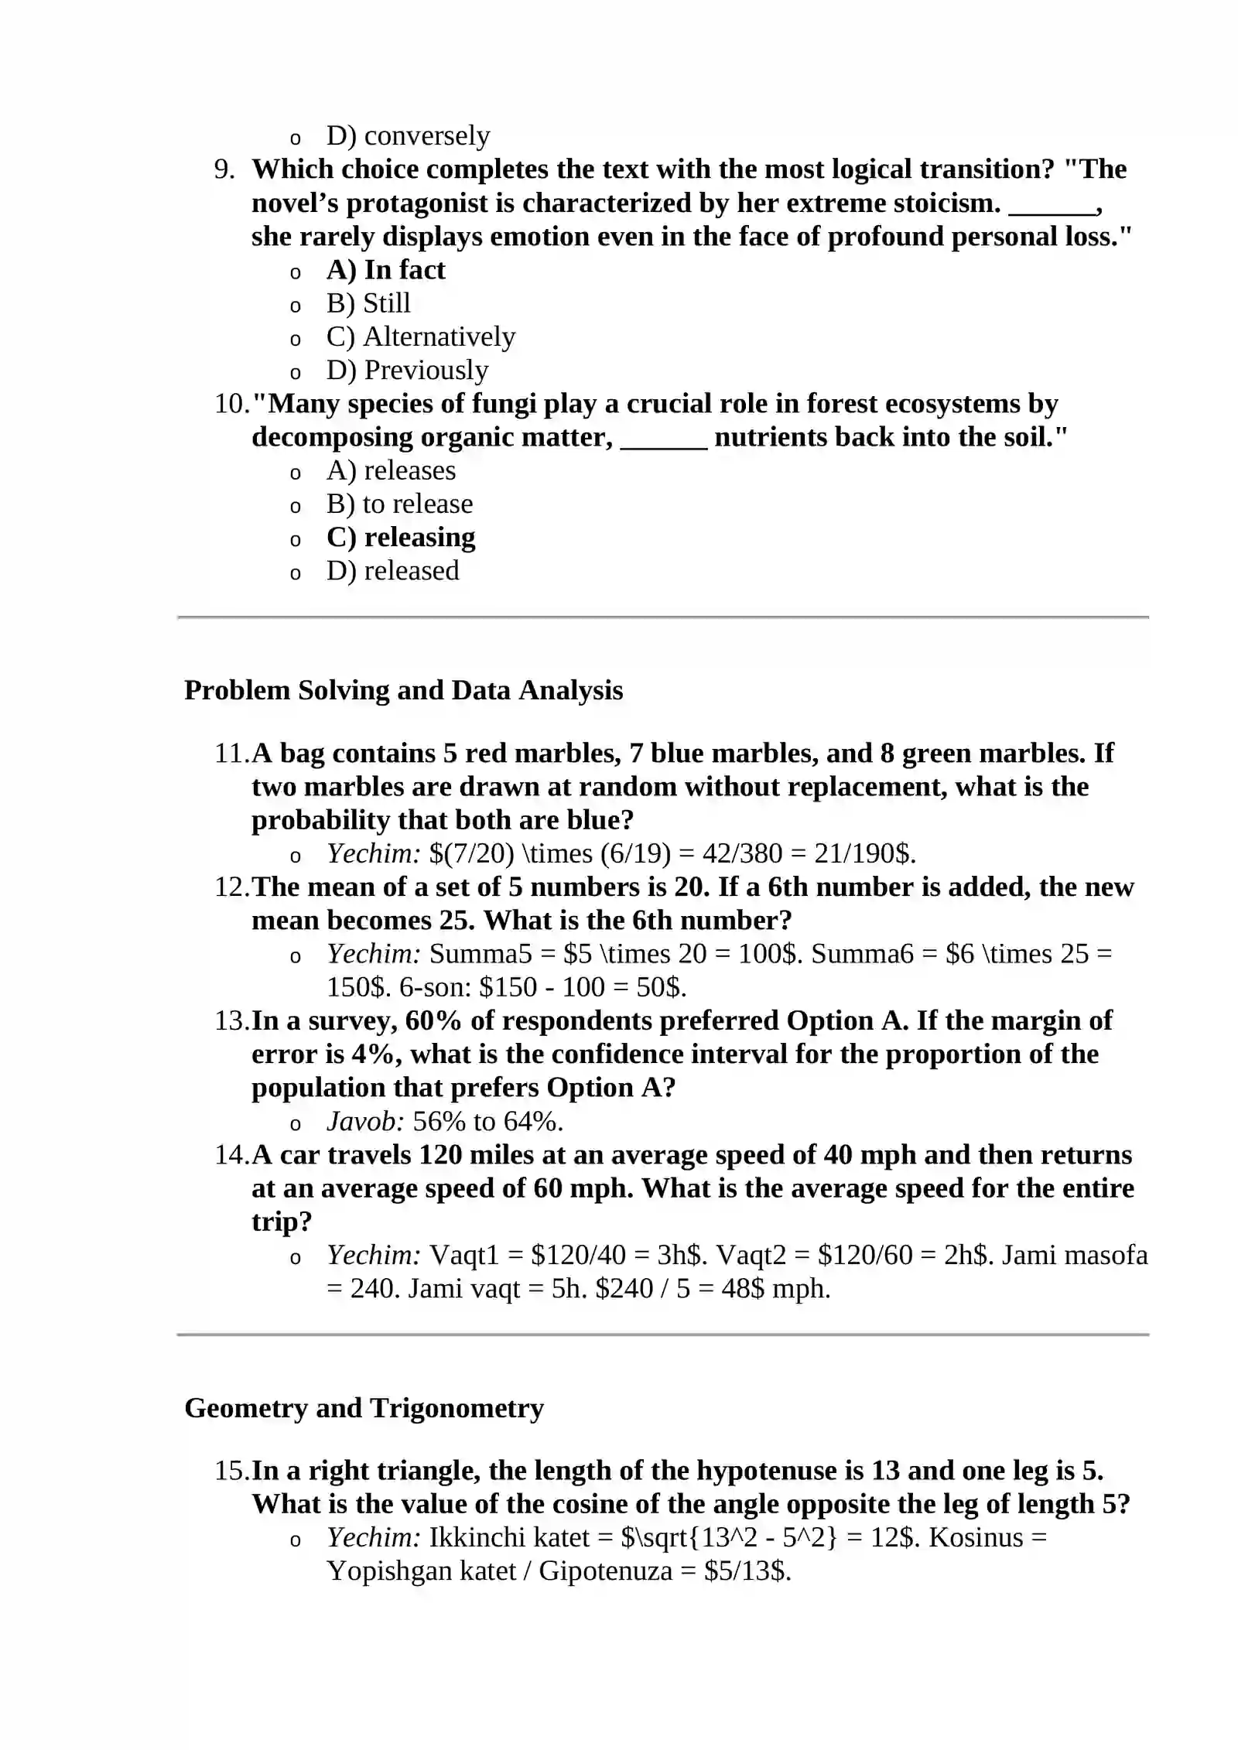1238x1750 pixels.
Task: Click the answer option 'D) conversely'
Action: point(408,136)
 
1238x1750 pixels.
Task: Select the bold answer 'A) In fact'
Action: point(385,270)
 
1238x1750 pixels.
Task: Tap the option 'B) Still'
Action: point(368,303)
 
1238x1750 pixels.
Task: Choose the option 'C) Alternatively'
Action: point(421,337)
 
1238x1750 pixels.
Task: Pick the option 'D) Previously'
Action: point(407,371)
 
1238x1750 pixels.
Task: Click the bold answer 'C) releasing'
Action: point(401,538)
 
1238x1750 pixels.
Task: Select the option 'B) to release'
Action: point(399,504)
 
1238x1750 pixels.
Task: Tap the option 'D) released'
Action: point(392,571)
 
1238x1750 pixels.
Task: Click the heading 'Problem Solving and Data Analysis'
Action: point(403,690)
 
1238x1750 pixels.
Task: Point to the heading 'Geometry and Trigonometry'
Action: point(364,1407)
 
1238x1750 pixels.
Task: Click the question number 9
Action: point(224,169)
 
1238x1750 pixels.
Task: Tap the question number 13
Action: point(231,1020)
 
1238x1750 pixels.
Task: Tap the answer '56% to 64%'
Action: point(487,1121)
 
